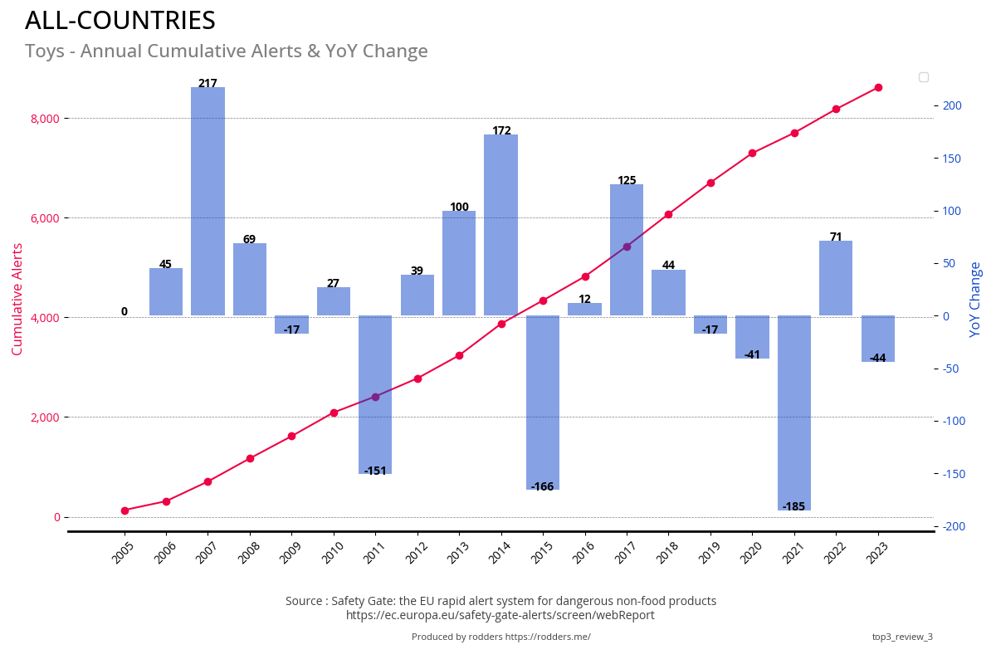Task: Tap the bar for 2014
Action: (501, 225)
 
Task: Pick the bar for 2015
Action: (543, 403)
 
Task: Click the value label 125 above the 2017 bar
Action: (627, 180)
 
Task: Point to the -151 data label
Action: (375, 471)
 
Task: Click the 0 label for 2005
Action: (124, 312)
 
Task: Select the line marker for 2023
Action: (878, 87)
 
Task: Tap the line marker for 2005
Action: (124, 510)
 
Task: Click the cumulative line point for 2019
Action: (710, 183)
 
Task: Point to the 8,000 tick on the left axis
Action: (45, 119)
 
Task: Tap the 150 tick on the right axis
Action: (950, 158)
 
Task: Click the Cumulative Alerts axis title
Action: (17, 299)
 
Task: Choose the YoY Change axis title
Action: (975, 299)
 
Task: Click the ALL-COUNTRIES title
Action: (120, 21)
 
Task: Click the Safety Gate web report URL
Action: (500, 615)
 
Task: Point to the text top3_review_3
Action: (902, 637)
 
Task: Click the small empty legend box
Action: (923, 77)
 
